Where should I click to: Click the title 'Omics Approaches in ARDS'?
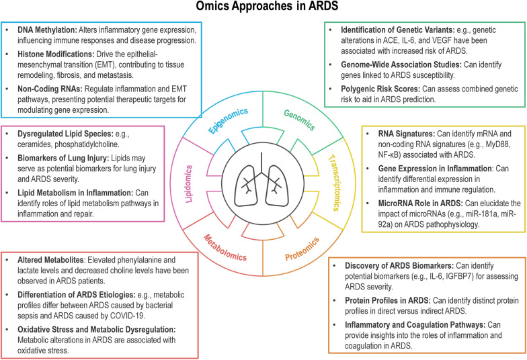tap(263, 9)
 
